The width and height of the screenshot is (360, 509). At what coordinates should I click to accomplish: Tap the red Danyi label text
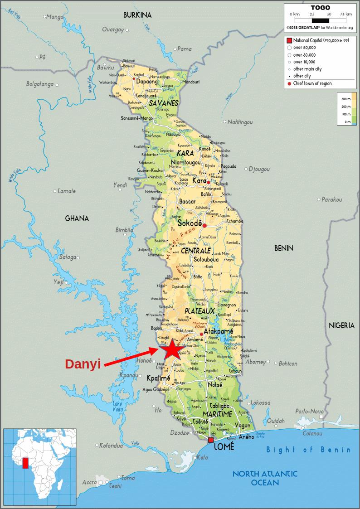pyautogui.click(x=83, y=364)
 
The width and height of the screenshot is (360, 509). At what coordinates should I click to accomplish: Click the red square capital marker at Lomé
pyautogui.click(x=211, y=440)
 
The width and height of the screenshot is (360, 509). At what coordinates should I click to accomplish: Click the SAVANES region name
pyautogui.click(x=163, y=103)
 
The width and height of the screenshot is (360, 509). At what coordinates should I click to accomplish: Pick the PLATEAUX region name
pyautogui.click(x=199, y=311)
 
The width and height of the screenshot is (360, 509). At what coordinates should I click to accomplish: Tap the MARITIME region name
pyautogui.click(x=218, y=414)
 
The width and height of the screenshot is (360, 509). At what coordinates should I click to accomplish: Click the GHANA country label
pyautogui.click(x=77, y=218)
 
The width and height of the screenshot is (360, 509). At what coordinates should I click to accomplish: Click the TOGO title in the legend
pyautogui.click(x=320, y=8)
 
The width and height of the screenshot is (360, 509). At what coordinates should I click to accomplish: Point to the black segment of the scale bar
pyautogui.click(x=320, y=20)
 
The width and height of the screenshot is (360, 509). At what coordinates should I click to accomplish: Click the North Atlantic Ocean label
pyautogui.click(x=265, y=478)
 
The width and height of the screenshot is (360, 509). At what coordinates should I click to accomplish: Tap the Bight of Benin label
pyautogui.click(x=308, y=450)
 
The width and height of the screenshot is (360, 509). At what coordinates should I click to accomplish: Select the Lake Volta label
pyautogui.click(x=117, y=407)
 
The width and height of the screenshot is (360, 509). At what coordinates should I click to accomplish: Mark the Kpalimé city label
pyautogui.click(x=158, y=378)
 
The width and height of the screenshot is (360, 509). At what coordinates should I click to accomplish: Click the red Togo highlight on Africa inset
pyautogui.click(x=25, y=463)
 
